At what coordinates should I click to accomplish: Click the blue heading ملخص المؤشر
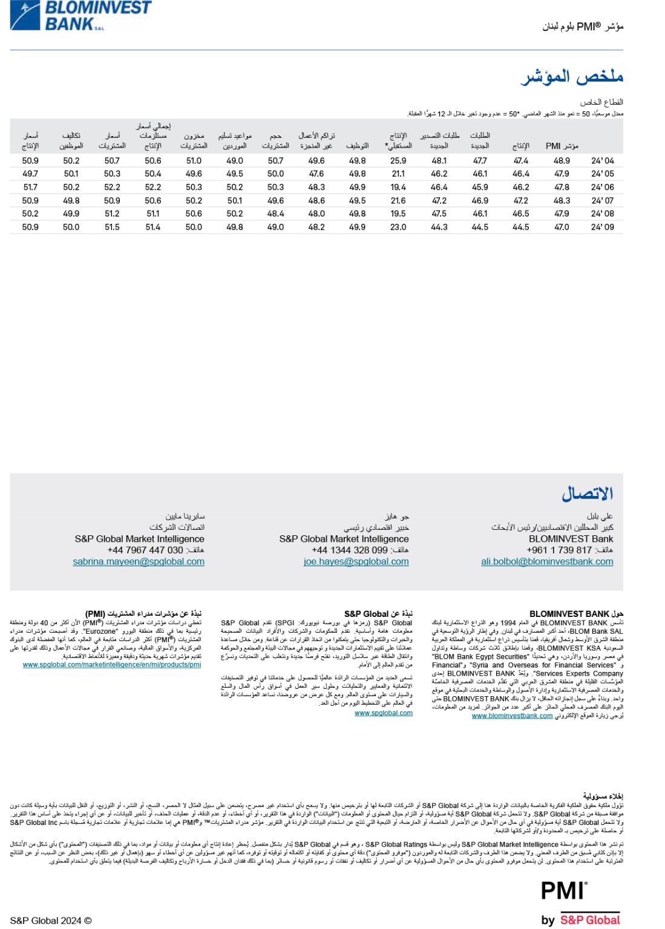point(572,77)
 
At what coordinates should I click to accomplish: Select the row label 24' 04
point(602,161)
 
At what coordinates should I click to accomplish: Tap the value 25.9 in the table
point(398,161)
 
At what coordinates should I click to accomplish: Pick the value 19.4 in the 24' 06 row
point(398,187)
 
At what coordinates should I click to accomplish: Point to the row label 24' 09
point(602,227)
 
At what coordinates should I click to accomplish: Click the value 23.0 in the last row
point(398,227)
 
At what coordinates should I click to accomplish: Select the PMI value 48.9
point(562,161)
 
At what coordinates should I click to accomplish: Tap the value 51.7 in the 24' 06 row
point(30,187)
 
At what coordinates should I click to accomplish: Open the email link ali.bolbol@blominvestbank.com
point(547,562)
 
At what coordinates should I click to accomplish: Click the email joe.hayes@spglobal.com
point(356,562)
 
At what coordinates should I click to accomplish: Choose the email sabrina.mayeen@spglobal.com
point(139,562)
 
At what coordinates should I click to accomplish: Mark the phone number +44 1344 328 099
point(350,550)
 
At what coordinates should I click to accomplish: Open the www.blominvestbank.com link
point(512,716)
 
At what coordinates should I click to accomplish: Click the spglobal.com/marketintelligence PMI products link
point(112,665)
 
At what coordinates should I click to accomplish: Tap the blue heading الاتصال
point(587,494)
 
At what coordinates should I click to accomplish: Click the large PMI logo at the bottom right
point(563,891)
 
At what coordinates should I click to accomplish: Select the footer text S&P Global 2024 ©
point(51,921)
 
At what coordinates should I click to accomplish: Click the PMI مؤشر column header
point(562,146)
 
